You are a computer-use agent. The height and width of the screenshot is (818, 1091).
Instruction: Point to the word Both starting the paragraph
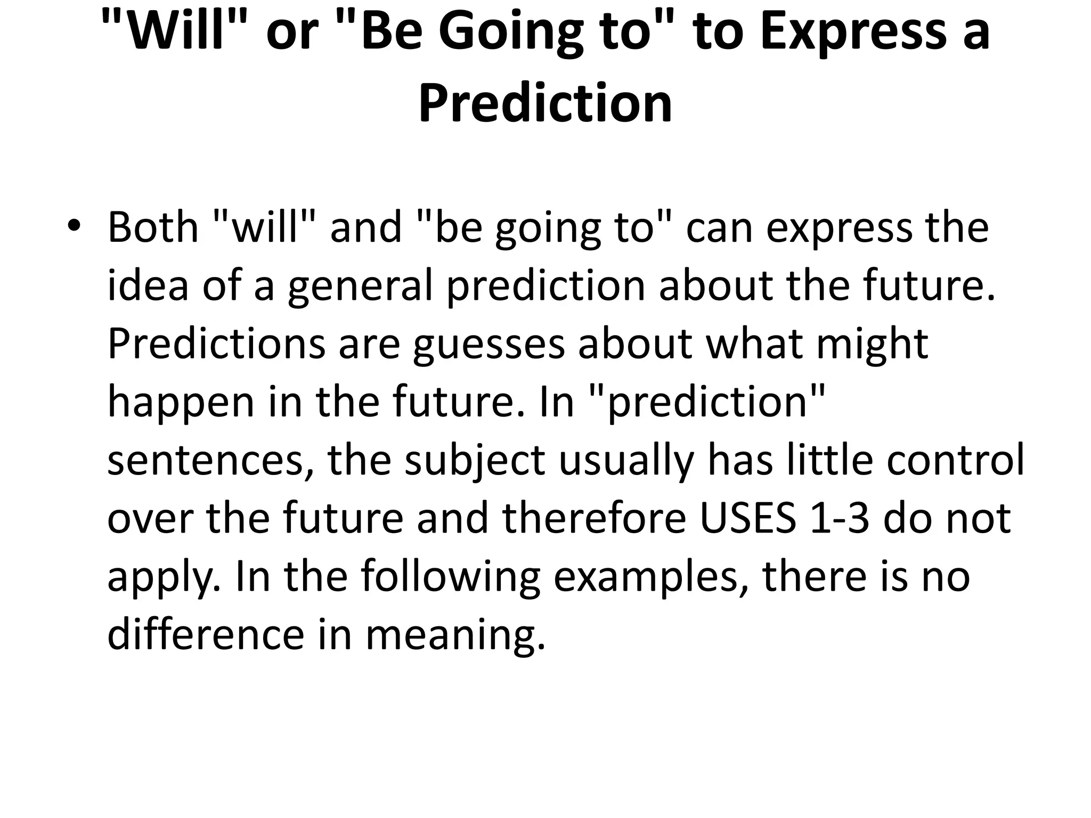click(x=153, y=227)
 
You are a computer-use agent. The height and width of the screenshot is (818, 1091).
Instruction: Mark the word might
click(x=872, y=344)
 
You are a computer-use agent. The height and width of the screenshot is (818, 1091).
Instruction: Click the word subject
click(x=475, y=461)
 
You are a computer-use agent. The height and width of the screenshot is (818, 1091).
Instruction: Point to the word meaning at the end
click(x=456, y=636)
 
